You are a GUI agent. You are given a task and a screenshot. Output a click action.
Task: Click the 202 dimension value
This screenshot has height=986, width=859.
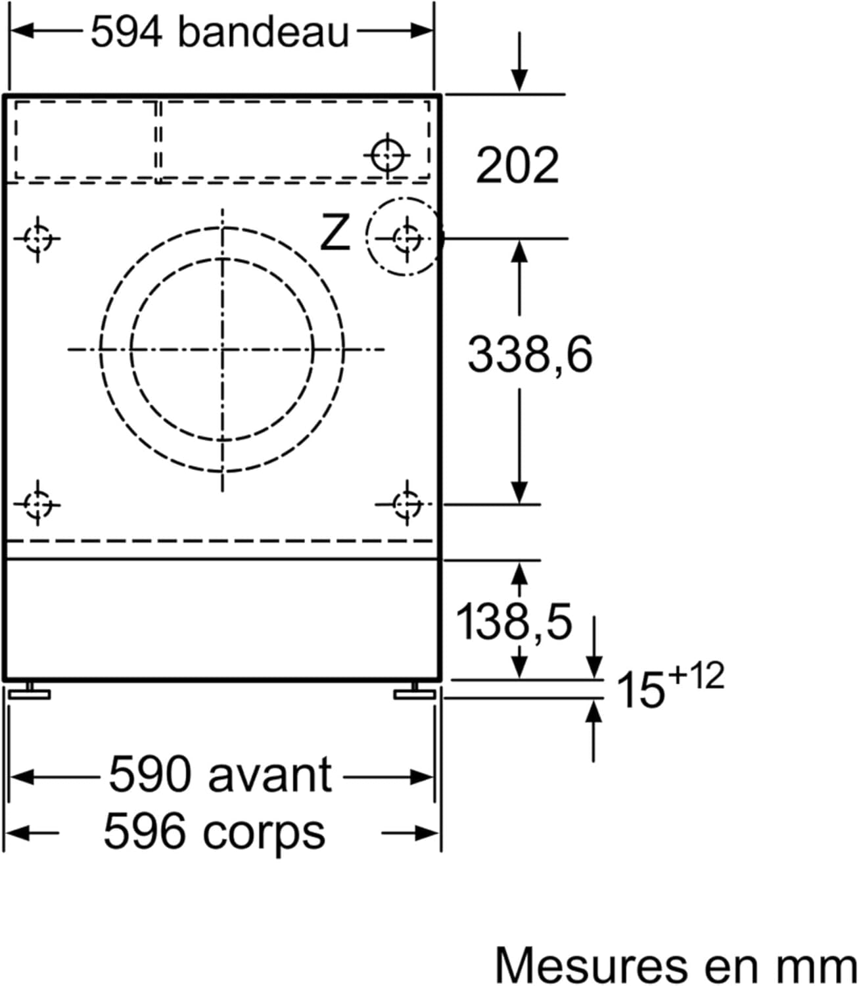click(517, 165)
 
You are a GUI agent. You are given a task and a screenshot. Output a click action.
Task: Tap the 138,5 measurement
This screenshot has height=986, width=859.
click(513, 622)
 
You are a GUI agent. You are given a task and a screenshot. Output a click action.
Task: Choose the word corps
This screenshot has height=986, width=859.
click(264, 832)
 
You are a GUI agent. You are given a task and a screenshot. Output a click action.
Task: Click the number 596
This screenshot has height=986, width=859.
click(145, 831)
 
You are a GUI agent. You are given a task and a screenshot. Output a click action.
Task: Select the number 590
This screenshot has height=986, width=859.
click(149, 774)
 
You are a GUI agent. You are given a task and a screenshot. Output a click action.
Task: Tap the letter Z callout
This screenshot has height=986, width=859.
click(335, 233)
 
